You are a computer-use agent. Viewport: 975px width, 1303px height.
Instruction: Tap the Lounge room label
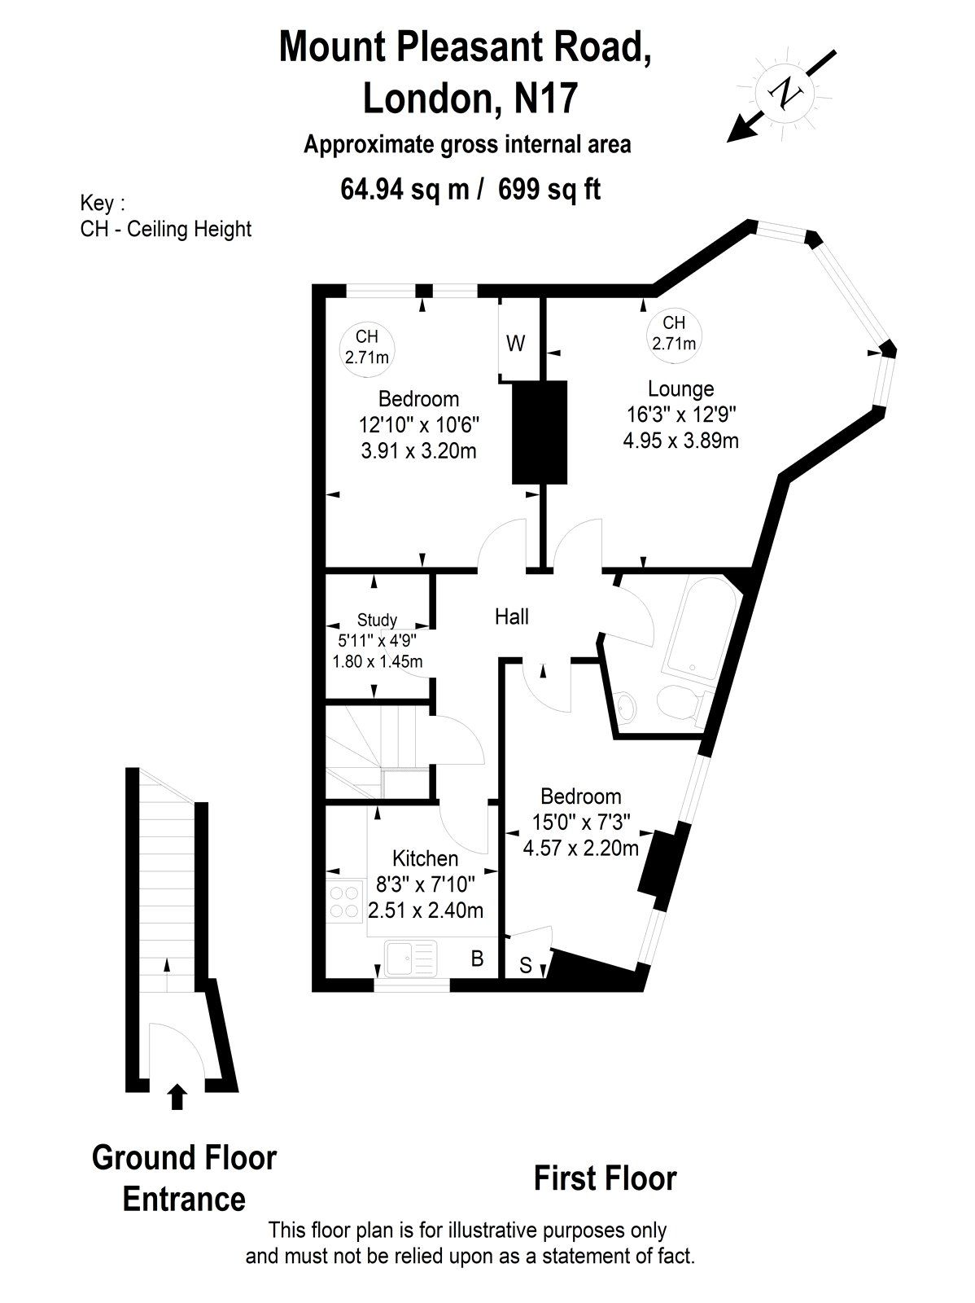[680, 388]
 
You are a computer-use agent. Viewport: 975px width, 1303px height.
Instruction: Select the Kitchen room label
[425, 858]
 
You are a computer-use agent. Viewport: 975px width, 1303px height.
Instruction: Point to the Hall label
[512, 616]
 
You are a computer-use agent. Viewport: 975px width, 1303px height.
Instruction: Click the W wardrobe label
[516, 344]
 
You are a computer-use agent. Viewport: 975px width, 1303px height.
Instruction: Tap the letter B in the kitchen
[478, 959]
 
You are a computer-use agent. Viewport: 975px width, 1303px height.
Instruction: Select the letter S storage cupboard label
[526, 966]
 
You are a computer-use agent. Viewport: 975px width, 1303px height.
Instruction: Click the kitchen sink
[411, 958]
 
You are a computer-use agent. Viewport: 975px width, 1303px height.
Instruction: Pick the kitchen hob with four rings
[345, 902]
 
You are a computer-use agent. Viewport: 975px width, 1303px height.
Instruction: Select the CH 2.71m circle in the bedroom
[366, 347]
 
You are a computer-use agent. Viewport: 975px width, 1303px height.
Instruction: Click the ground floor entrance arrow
[177, 1096]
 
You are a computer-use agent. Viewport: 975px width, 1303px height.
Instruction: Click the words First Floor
[605, 1178]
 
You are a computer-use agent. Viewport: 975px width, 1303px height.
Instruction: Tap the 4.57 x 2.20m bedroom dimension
[581, 848]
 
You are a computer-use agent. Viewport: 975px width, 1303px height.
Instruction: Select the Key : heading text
[103, 203]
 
